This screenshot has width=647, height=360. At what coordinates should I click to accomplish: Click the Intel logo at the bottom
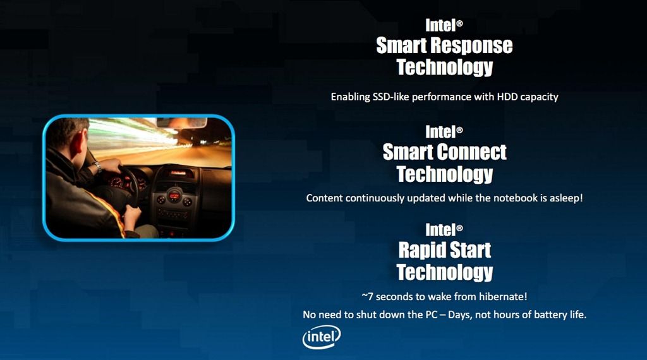(x=322, y=337)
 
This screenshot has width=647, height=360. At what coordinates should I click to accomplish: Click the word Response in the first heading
(x=471, y=45)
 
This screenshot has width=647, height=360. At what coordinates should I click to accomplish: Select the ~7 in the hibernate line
(x=367, y=296)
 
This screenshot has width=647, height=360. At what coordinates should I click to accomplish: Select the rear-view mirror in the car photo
(x=181, y=123)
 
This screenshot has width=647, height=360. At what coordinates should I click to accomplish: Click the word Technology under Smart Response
(x=445, y=67)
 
